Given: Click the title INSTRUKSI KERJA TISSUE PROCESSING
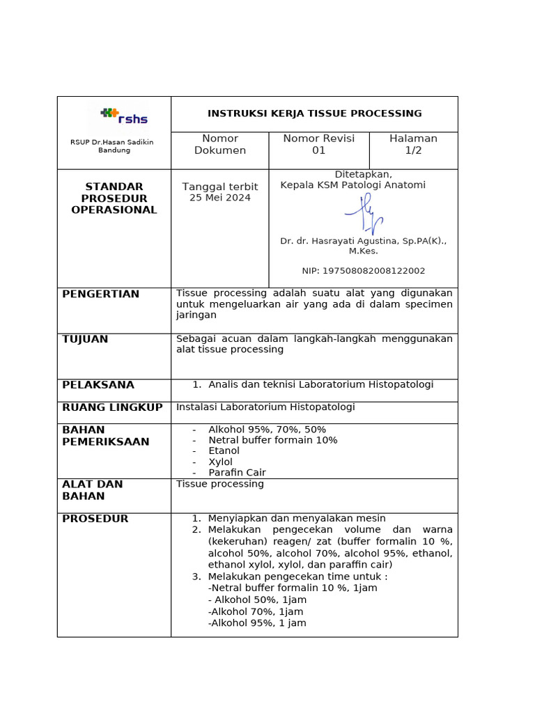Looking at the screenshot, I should point(314,113).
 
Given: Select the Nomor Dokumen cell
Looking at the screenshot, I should point(219,145).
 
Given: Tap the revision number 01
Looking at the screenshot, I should point(318,150).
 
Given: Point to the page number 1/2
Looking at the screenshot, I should point(413,150).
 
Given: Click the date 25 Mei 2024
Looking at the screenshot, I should point(219,198).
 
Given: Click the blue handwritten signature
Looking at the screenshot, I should point(364,214).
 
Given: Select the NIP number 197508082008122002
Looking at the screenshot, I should point(363,271).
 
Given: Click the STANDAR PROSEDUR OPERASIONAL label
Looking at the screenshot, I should point(114,198).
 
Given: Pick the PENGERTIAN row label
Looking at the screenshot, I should point(100,295).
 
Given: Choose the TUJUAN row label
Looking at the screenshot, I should point(85,339).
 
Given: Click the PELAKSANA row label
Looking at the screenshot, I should point(98,385).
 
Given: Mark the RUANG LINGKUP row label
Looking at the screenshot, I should point(112,407).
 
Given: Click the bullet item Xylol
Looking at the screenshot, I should point(220,462).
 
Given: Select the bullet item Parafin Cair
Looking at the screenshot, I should point(237,473).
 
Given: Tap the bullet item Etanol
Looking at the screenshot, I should point(224,451).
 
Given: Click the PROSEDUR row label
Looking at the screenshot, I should point(95,519).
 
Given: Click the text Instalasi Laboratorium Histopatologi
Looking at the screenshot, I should point(265,407).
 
